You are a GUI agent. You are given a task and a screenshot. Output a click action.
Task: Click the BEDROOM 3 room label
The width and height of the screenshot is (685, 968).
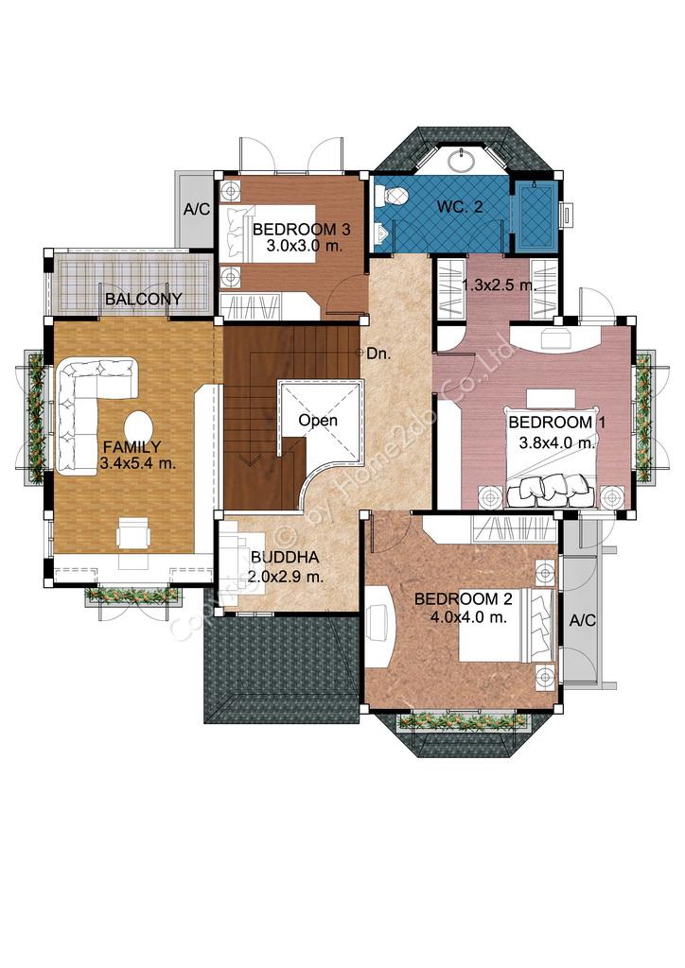click(x=302, y=230)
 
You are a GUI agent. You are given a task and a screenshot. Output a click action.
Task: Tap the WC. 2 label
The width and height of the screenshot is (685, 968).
click(x=460, y=207)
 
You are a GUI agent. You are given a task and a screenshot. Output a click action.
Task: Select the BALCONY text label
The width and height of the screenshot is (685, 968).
click(x=144, y=299)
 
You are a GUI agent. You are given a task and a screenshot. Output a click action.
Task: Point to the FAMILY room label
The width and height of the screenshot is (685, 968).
click(x=132, y=447)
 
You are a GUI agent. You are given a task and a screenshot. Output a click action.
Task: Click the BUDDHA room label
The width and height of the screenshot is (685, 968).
click(x=286, y=558)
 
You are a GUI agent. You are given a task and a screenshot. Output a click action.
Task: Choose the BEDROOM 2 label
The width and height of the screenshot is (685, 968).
click(x=464, y=598)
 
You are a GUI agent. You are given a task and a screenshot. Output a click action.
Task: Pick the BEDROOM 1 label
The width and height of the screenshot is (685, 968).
click(x=556, y=423)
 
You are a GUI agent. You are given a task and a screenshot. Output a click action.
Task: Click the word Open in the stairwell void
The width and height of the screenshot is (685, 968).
click(x=318, y=421)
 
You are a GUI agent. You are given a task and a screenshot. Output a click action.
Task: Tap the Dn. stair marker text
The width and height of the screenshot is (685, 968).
click(x=378, y=354)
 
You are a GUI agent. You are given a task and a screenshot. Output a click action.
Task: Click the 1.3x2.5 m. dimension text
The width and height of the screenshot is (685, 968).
click(x=499, y=285)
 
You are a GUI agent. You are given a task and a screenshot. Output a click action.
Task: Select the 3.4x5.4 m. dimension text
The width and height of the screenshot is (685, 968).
click(x=138, y=463)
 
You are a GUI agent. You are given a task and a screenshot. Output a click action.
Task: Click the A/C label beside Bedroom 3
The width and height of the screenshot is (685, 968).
click(x=197, y=209)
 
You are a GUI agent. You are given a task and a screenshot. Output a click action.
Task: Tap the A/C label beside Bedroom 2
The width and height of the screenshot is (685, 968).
click(x=582, y=620)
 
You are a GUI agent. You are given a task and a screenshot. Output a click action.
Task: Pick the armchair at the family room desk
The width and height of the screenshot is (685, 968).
click(x=133, y=533)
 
